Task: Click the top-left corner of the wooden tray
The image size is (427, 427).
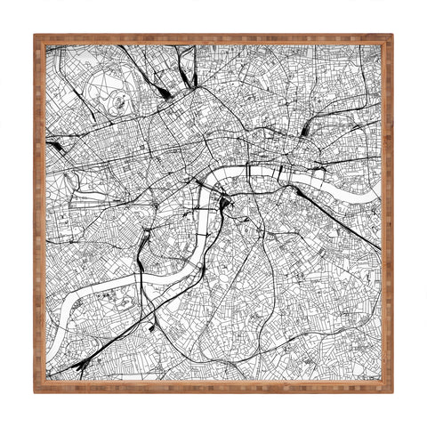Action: pyautogui.click(x=36, y=36)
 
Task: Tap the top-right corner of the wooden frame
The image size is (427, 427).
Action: pyautogui.click(x=391, y=36)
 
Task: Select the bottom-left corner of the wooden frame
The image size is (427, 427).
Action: pyautogui.click(x=36, y=391)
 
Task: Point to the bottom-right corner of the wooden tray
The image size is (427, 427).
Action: pyautogui.click(x=391, y=391)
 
